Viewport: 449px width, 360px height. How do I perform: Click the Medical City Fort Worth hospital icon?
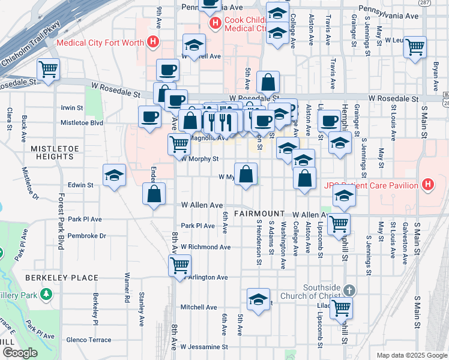tap(153, 42)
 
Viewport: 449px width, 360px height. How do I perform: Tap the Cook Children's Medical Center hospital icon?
tap(214, 23)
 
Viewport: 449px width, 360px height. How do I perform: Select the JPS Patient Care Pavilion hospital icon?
tap(427, 184)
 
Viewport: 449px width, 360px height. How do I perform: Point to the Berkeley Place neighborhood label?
tap(62, 278)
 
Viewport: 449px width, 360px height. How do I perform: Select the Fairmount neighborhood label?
tap(259, 214)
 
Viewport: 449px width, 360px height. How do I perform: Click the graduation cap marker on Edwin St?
tap(114, 176)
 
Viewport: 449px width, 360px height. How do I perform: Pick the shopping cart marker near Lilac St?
tap(341, 308)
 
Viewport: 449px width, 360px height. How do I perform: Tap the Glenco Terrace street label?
tap(88, 340)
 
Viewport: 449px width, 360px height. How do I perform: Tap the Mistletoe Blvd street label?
tap(82, 122)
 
